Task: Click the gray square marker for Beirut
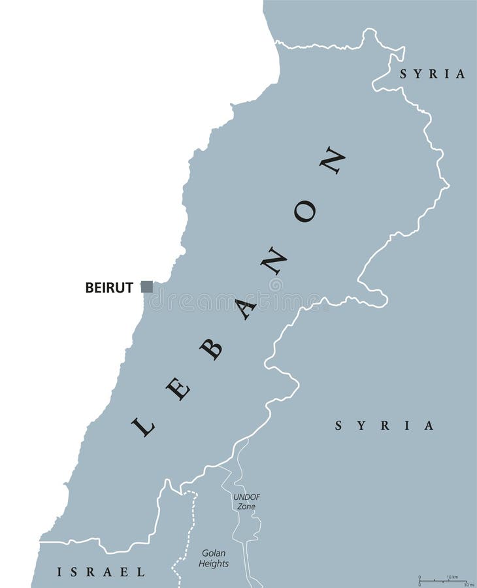coord(147,286)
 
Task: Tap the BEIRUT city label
coord(109,287)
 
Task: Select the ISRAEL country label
coord(101,572)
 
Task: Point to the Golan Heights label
coord(215,558)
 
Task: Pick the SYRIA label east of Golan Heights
coord(384,426)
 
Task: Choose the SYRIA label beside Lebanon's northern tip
coord(433,74)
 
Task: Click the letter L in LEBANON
coord(143,427)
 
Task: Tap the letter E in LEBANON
coord(177,390)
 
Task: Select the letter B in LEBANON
coord(211,350)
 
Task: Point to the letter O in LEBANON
coord(304,211)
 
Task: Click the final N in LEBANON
coord(332,160)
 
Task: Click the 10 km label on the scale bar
coord(452,577)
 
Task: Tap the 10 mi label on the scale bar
coord(469,584)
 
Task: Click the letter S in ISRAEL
coord(76,572)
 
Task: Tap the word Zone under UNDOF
coord(246,506)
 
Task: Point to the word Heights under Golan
coord(215,563)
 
